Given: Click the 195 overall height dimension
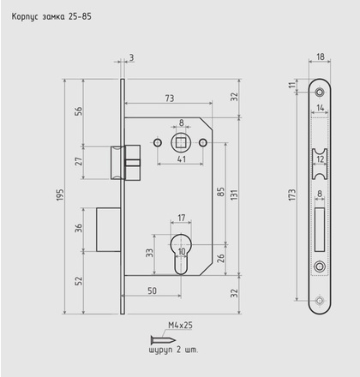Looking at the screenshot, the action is click(x=60, y=194).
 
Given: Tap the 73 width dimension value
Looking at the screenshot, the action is click(x=170, y=99).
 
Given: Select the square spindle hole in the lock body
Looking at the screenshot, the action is click(x=180, y=142).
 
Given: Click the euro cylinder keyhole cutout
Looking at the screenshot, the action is click(x=181, y=254).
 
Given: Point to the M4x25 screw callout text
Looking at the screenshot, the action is click(x=180, y=325).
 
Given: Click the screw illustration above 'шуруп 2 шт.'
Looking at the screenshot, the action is click(x=163, y=340).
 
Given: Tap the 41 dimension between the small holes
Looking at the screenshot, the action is click(x=182, y=159).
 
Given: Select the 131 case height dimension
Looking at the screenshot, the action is click(x=234, y=194).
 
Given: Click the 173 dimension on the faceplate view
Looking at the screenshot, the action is click(x=292, y=194).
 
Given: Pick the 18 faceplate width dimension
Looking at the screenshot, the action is click(x=321, y=57).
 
